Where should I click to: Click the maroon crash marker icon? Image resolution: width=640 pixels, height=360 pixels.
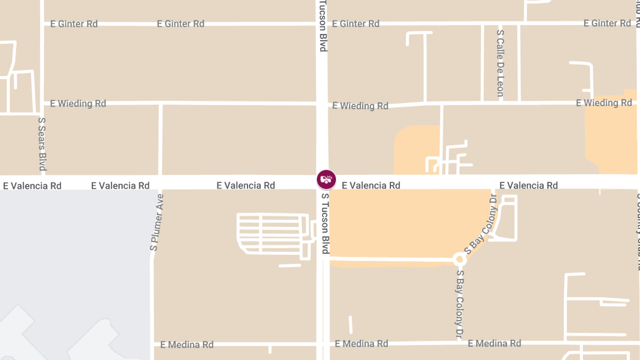(x=326, y=179)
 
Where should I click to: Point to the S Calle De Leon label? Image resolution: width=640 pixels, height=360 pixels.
(x=500, y=63)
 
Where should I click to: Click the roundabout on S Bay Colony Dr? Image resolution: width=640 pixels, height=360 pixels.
(x=459, y=259)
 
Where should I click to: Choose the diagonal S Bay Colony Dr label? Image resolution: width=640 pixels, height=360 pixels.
(x=481, y=225)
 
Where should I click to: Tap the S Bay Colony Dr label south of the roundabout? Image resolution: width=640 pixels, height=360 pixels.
(x=459, y=303)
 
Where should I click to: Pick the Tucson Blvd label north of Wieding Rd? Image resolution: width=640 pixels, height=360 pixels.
(x=323, y=26)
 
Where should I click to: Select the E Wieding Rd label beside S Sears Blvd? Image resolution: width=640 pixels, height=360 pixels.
(x=78, y=103)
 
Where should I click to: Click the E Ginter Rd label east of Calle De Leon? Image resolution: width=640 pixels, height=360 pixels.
(x=607, y=23)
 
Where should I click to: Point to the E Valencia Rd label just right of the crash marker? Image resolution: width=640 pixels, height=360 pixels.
(x=371, y=186)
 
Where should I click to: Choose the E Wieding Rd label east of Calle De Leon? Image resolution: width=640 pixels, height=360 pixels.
(x=604, y=103)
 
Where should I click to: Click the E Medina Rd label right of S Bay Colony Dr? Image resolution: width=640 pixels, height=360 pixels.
(x=494, y=343)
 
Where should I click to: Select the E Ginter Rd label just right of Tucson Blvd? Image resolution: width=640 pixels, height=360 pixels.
(x=356, y=24)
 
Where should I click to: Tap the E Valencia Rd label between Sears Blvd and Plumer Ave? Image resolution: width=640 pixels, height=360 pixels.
(x=121, y=186)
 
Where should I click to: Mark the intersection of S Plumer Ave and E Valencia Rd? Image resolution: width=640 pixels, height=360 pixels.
(x=160, y=182)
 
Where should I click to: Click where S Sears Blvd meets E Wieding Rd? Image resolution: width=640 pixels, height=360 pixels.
(x=43, y=102)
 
